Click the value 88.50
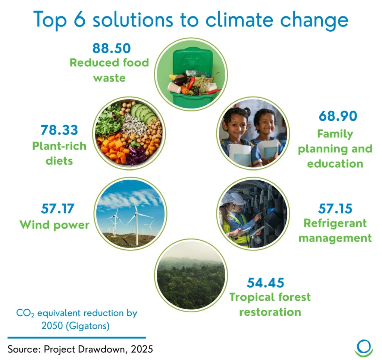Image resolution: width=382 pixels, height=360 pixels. tap(112, 48)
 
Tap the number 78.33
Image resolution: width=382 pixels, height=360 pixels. tap(59, 130)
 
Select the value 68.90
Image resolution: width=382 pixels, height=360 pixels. tap(338, 116)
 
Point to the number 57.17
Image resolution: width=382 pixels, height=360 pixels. tap(58, 209)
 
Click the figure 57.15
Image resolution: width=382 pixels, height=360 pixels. tap(335, 209)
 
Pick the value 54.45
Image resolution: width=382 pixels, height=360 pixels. tap(266, 282)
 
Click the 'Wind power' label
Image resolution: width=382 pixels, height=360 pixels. tap(54, 225)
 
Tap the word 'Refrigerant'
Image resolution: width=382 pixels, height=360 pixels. tap(335, 224)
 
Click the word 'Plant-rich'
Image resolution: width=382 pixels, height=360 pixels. tap(59, 146)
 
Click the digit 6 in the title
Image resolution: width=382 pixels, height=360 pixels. tap(80, 19)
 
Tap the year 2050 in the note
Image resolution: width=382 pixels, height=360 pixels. tap(53, 326)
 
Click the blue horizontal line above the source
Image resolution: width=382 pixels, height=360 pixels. tap(77, 338)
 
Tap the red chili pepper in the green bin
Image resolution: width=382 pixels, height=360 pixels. tap(191, 83)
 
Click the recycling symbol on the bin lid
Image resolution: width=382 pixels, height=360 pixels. tap(193, 61)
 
